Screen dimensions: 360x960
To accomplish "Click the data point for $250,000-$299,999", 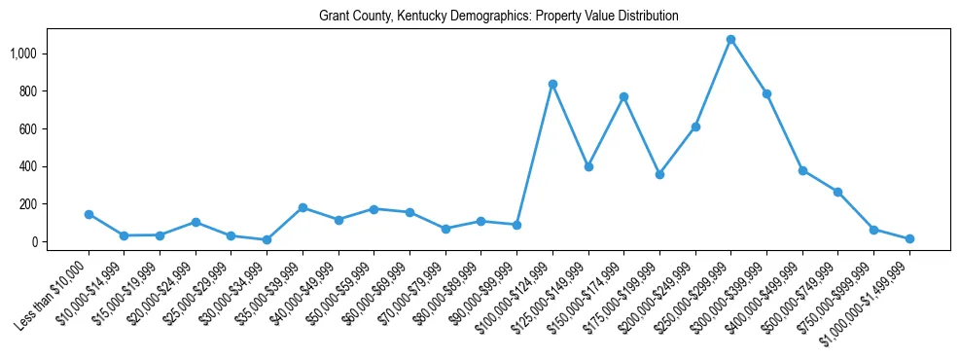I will click(x=730, y=40).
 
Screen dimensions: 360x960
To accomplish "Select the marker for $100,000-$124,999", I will click(x=552, y=85).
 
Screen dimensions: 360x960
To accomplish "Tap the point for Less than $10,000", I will click(x=89, y=214).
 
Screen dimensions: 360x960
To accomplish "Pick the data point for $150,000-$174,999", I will click(x=623, y=97).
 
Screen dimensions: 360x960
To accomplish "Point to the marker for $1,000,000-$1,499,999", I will click(x=909, y=238).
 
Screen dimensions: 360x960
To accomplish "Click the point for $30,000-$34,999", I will click(x=267, y=239).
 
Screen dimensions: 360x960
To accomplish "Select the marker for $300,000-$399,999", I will click(x=766, y=94).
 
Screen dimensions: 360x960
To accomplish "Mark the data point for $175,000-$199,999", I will click(x=659, y=175).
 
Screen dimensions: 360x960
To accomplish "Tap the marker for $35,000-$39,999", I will click(x=302, y=207).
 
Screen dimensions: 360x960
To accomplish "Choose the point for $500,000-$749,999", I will click(x=837, y=192).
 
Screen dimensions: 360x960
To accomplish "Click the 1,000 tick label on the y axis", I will click(x=23, y=54).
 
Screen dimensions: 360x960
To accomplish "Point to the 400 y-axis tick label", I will click(x=27, y=166).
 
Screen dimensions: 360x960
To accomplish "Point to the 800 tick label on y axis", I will click(x=27, y=91).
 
